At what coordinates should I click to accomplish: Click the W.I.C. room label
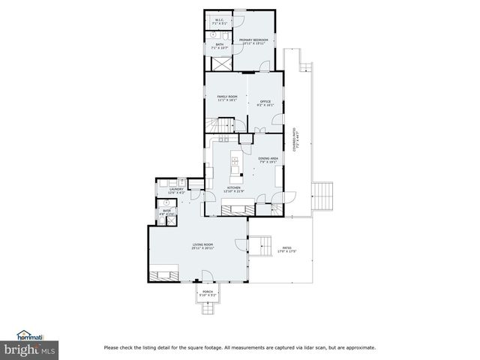[x=220, y=21]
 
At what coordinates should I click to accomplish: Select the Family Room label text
[x=227, y=98]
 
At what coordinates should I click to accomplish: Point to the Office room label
[x=265, y=103]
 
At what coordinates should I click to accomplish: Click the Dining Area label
[x=268, y=160]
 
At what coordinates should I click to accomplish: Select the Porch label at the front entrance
[x=208, y=293]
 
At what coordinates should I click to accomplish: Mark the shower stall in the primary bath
[x=220, y=61]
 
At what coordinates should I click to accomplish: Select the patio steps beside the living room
[x=261, y=244]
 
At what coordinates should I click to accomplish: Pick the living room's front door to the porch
[x=208, y=282]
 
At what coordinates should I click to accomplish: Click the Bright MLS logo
[x=30, y=349]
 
